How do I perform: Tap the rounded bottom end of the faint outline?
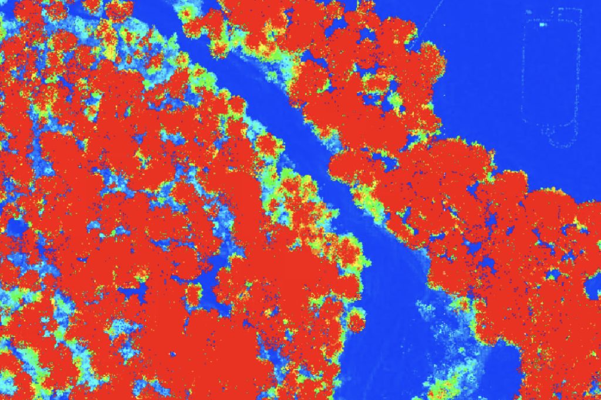tap(558, 141)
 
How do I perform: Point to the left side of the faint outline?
tap(524, 76)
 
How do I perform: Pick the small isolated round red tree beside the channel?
tap(356, 322)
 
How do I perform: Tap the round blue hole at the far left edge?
tap(13, 226)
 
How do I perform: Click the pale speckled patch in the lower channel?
tap(434, 317)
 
